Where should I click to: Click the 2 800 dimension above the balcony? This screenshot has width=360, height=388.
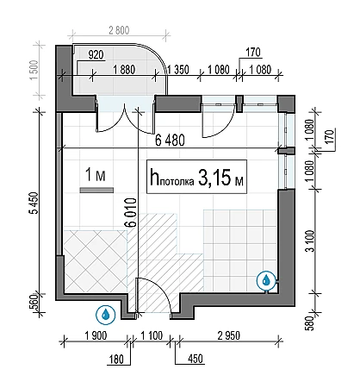119,30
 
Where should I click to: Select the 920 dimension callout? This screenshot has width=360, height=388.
96,54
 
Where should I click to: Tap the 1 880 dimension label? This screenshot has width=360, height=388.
124,70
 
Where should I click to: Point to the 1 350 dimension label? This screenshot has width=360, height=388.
178,70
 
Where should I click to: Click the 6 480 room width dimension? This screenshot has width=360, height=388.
170,141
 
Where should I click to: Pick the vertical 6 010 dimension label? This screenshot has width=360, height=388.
131,212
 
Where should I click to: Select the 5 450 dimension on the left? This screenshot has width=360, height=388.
34,203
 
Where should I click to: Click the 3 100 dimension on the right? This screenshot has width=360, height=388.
310,241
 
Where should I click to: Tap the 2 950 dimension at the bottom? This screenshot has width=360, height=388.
228,335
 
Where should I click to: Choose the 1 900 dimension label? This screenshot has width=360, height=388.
96,335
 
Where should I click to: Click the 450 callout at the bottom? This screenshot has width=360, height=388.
196,359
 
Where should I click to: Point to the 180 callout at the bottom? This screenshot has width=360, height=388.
116,360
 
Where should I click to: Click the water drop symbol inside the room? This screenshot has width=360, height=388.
266,279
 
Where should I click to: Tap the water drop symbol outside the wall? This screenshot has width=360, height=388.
105,315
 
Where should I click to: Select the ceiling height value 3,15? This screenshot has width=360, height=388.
214,178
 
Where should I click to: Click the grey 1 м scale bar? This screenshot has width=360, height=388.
96,191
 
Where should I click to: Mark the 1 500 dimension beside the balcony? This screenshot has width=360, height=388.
34,70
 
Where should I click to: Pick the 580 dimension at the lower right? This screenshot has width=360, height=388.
310,323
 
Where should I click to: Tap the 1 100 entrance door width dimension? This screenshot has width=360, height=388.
152,335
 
